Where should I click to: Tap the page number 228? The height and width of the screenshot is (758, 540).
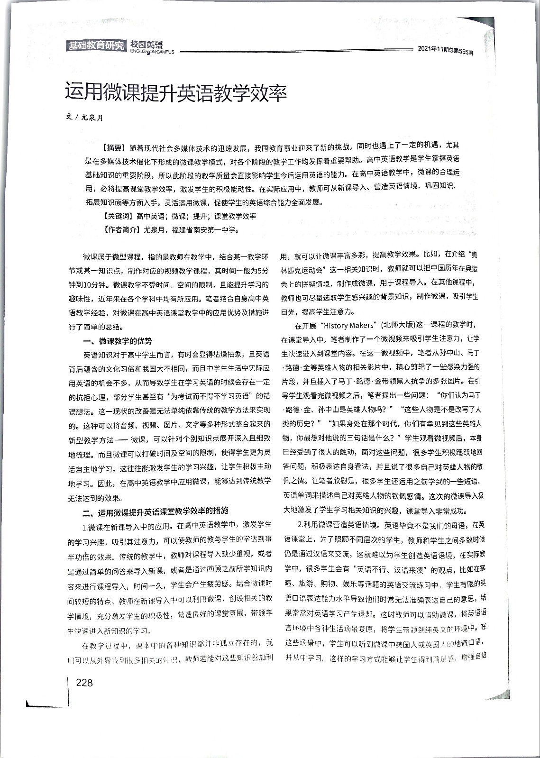[84, 683]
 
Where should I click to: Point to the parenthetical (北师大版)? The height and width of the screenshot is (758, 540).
[401, 326]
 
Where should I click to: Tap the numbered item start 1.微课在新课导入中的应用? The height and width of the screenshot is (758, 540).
[126, 525]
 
